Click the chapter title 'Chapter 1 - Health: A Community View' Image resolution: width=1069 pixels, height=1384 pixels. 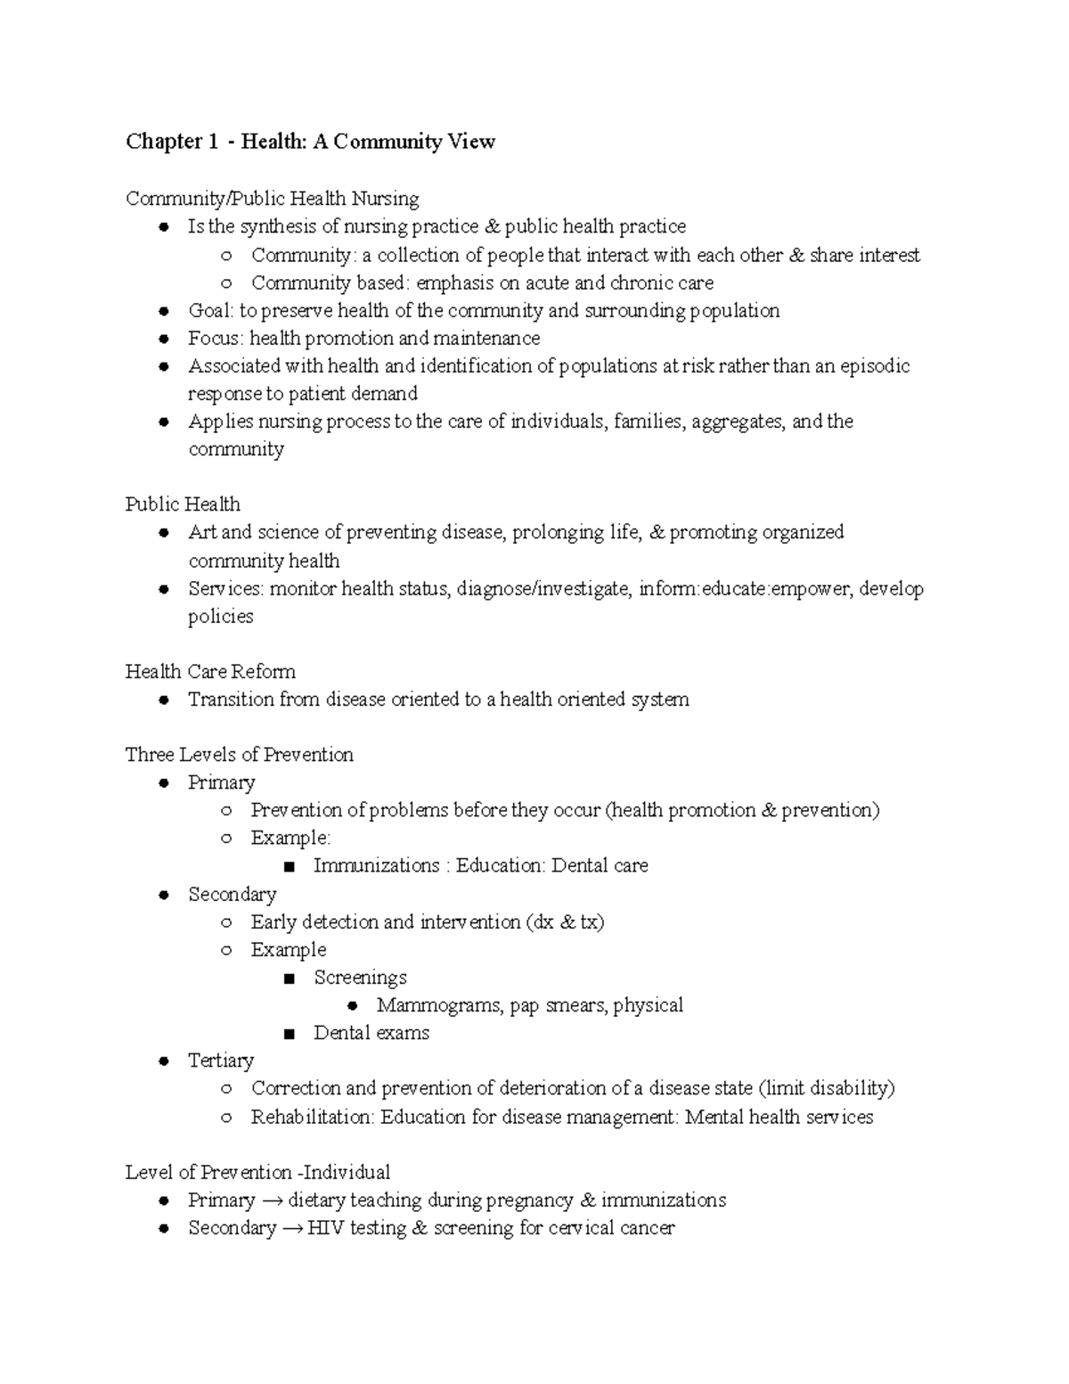[x=310, y=142]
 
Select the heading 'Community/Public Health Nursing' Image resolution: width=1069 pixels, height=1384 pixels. [x=272, y=198]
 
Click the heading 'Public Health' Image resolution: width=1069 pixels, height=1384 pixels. [x=183, y=504]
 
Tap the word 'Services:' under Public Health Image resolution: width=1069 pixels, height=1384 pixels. [x=225, y=588]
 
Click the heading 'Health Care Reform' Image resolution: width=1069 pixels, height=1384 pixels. [x=210, y=671]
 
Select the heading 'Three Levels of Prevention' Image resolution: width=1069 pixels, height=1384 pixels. [x=239, y=755]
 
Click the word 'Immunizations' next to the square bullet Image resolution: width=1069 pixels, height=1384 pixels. [x=376, y=865]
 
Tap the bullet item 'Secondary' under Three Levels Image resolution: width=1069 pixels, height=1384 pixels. [x=232, y=894]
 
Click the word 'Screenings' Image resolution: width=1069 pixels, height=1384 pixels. [x=360, y=977]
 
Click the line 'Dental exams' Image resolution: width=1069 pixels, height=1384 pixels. [x=371, y=1033]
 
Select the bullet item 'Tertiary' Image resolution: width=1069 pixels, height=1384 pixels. [x=221, y=1061]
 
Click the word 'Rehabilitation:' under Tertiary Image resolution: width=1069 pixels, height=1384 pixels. [x=312, y=1117]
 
